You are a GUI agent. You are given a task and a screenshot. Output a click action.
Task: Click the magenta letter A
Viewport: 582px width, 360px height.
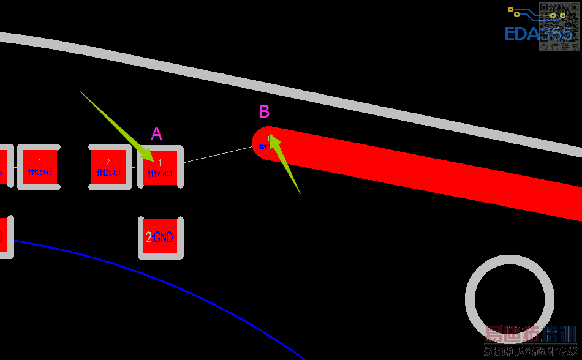[157, 133]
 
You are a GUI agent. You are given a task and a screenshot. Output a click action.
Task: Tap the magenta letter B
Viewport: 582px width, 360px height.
[265, 111]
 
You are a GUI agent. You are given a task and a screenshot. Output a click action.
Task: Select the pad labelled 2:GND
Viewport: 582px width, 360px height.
[161, 238]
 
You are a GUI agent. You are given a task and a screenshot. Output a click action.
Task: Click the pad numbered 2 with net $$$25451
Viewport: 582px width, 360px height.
[108, 167]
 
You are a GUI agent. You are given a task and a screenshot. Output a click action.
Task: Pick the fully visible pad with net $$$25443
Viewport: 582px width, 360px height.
[39, 167]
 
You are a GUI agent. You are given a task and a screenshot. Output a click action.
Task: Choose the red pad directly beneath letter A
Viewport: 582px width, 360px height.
[161, 167]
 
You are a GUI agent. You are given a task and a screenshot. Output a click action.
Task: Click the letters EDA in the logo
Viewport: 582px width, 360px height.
[521, 34]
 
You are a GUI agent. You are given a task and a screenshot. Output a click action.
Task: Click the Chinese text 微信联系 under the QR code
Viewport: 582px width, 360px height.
[559, 47]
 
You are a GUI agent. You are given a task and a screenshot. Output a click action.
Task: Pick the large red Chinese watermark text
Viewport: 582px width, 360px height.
[531, 335]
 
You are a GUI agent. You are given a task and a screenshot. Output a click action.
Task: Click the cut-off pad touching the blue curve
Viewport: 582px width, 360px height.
[5, 237]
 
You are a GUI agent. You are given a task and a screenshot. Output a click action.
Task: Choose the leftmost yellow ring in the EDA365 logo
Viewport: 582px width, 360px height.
[511, 10]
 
